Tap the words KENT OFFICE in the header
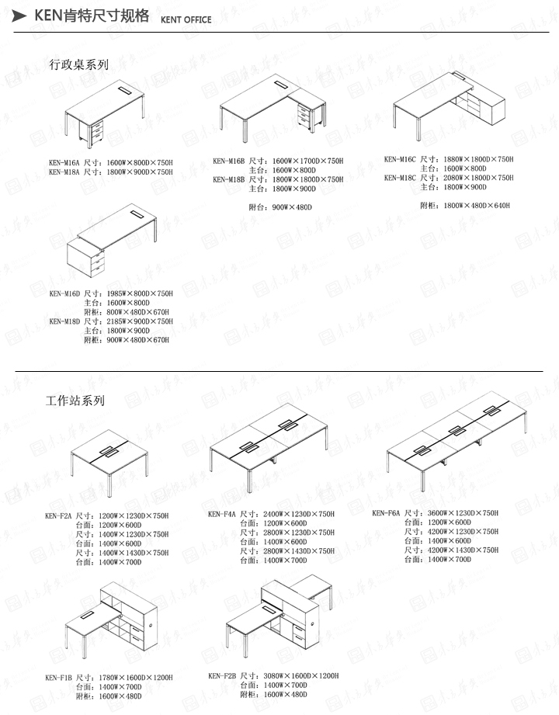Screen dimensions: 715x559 click(x=186, y=20)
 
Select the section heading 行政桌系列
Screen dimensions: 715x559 click(x=78, y=64)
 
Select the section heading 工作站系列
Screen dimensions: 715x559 click(x=75, y=401)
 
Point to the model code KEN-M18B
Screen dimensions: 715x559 click(x=229, y=179)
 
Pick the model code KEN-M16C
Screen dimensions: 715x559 click(x=400, y=160)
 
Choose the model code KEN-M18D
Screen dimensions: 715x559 click(x=65, y=321)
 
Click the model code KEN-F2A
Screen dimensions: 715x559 click(x=59, y=515)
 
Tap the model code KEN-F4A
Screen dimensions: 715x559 click(x=222, y=514)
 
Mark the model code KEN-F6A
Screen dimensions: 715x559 click(x=386, y=513)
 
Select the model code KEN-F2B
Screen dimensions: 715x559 click(x=222, y=676)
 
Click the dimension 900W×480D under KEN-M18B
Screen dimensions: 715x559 click(x=290, y=207)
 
